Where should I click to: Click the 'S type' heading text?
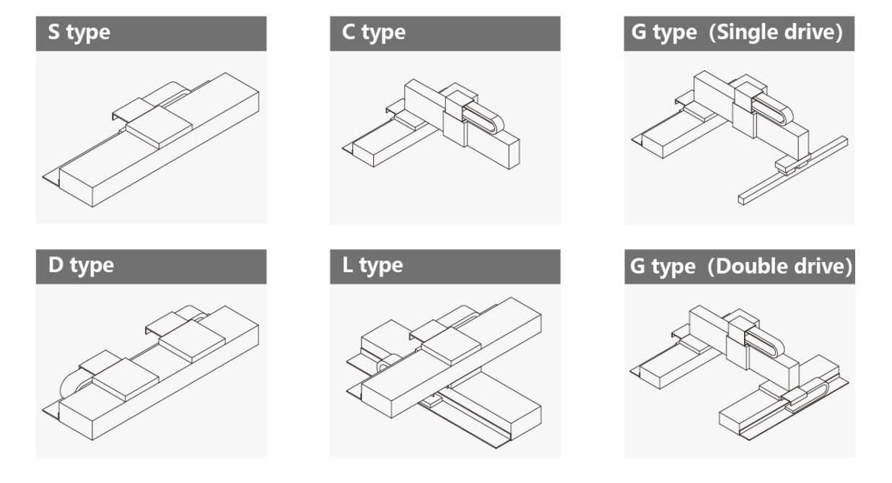[79, 34]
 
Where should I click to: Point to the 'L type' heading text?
[373, 266]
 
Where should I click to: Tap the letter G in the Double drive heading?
[638, 266]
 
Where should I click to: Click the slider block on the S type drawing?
[159, 127]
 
